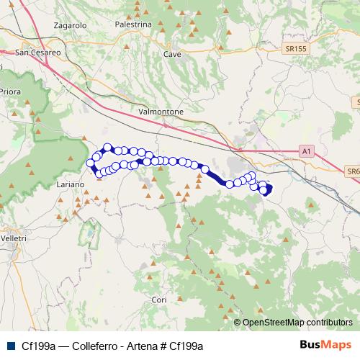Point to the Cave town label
172,54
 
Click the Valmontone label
161,112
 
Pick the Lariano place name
71,184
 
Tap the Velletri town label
14,238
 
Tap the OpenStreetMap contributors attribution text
297,323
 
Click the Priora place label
9,91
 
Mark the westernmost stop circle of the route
91,163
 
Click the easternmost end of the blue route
270,189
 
